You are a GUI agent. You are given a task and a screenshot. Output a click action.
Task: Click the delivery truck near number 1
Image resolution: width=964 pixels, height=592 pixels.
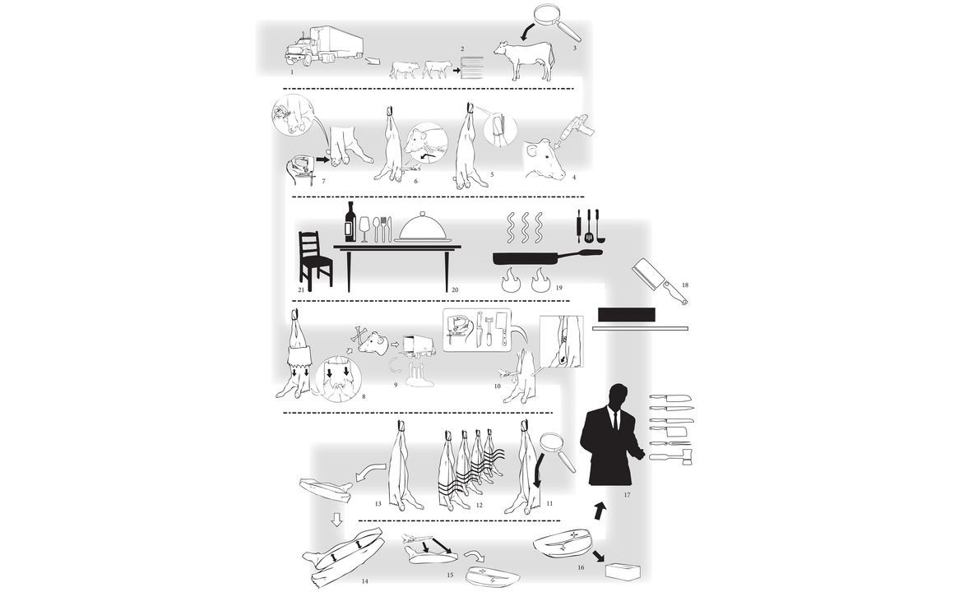tap(324, 45)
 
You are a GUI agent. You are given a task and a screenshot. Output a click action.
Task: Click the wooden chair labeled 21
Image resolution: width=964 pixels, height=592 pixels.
tap(315, 261)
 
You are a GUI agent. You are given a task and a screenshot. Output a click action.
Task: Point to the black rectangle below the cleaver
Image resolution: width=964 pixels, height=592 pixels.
tap(627, 315)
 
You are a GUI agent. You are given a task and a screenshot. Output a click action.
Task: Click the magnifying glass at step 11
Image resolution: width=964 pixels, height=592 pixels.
tap(558, 452)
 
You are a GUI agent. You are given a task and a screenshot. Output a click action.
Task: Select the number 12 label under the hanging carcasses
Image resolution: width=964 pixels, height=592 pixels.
tap(480, 506)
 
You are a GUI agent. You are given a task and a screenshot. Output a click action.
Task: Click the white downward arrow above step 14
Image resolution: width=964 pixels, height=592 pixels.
tap(336, 520)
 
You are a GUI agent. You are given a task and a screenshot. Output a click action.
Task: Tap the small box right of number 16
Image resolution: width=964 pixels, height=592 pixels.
tap(623, 571)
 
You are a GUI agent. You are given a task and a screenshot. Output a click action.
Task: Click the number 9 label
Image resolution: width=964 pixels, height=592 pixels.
tap(396, 385)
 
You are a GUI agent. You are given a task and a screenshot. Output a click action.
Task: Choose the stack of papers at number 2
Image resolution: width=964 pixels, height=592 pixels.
tap(472, 67)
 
